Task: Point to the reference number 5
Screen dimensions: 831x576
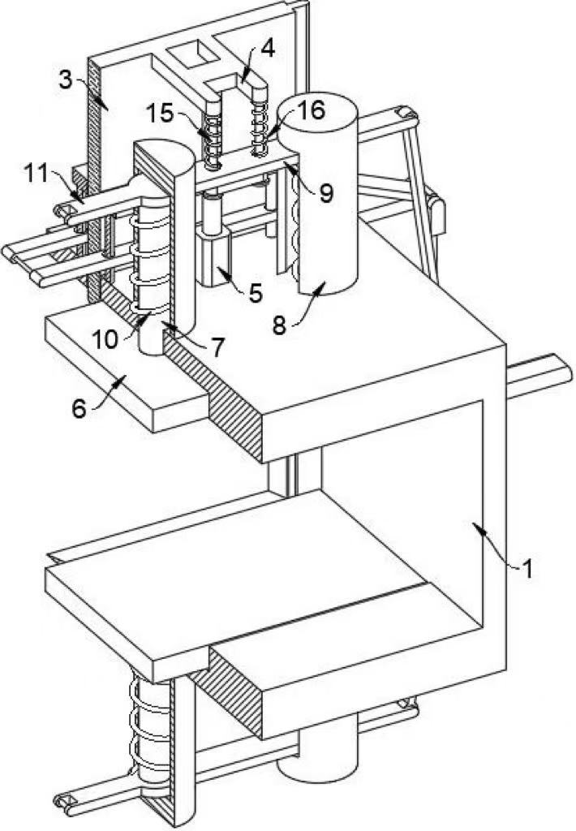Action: coord(256,292)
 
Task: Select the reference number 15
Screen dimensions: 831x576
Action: coord(165,113)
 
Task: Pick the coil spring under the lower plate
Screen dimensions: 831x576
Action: coord(150,730)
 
